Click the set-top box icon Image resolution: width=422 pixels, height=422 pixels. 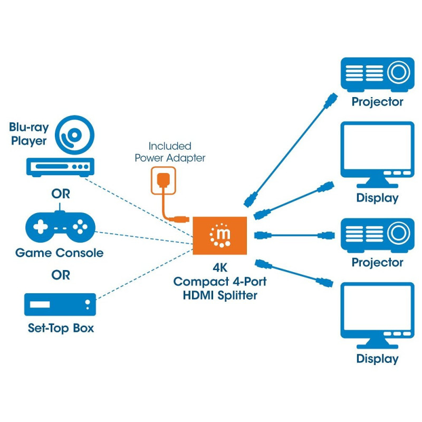coord(60,304)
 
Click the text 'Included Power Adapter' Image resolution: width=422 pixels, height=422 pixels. coord(170,152)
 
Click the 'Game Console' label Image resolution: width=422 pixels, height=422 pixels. coord(60,253)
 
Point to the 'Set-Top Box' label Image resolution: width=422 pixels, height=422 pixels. coord(61,328)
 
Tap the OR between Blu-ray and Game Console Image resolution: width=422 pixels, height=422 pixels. coord(60,194)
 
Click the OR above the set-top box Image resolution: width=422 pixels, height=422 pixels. coord(60,275)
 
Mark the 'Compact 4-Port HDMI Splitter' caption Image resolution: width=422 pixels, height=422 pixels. coord(220,289)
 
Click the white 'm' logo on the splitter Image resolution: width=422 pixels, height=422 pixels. coord(221,235)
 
